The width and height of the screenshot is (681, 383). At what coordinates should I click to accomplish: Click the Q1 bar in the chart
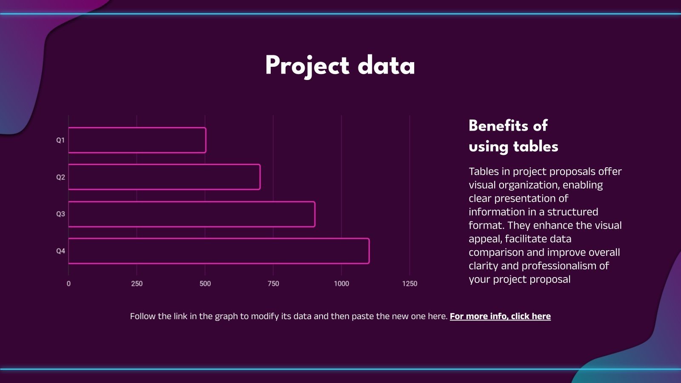tap(137, 140)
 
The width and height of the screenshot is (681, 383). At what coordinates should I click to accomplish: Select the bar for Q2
tap(164, 177)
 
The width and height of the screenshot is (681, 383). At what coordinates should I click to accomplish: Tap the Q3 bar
tap(192, 214)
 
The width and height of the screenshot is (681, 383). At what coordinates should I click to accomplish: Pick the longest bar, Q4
tap(219, 251)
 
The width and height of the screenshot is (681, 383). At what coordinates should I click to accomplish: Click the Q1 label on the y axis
tap(60, 140)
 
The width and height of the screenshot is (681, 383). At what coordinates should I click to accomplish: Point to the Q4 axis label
tap(60, 251)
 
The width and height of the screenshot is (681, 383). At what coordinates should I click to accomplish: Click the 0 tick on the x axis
tap(69, 283)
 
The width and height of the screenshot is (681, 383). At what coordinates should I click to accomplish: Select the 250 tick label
tap(137, 283)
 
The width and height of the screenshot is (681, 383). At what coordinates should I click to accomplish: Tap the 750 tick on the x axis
tap(273, 283)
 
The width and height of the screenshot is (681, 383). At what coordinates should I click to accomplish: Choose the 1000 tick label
tap(341, 283)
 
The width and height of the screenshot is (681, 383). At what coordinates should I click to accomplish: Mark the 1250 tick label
tap(409, 283)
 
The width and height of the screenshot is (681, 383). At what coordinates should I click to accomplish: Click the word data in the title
tap(386, 66)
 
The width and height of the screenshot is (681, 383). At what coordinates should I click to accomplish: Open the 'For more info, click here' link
tap(500, 316)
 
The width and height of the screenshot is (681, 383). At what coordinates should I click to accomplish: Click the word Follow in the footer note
tap(143, 316)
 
